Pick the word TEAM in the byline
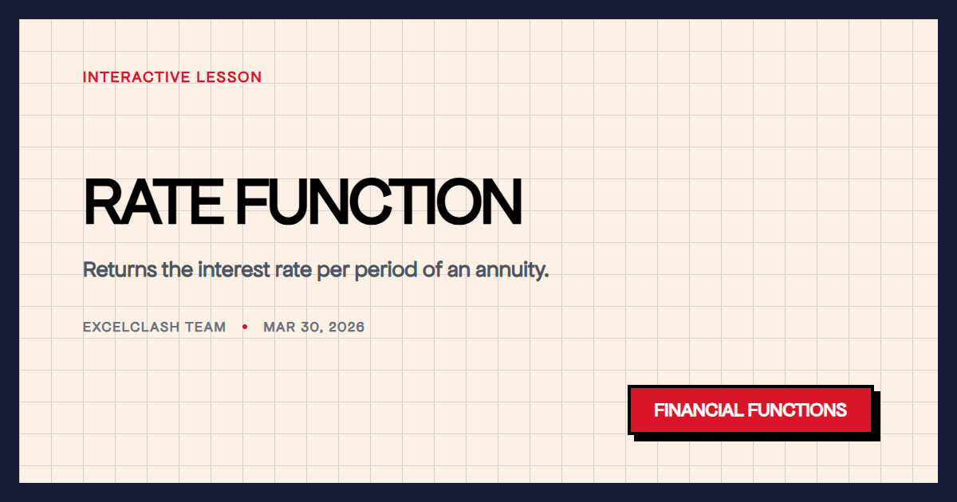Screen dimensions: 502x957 point(206,327)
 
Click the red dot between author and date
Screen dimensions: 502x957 point(245,327)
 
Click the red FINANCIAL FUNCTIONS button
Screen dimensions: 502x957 point(750,410)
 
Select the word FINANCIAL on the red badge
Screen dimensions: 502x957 point(699,410)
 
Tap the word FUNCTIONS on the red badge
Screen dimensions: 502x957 point(797,410)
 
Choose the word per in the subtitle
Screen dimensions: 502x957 point(333,271)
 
